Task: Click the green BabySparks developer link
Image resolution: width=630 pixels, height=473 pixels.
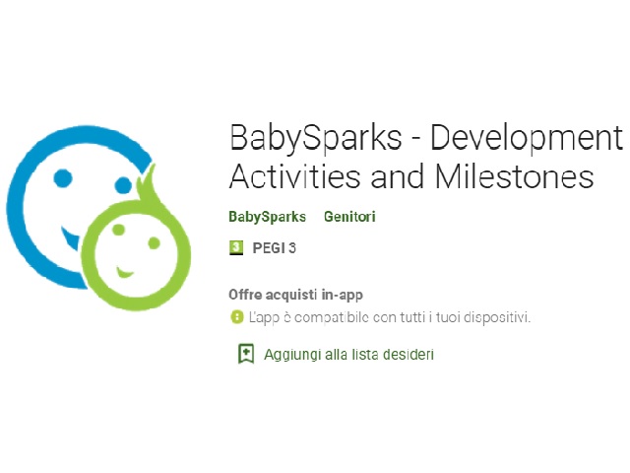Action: (267, 217)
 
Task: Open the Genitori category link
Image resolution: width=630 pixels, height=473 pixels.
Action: (349, 217)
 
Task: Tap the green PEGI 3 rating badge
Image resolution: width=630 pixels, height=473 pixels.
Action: (236, 247)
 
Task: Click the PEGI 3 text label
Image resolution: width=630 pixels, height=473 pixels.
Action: (274, 248)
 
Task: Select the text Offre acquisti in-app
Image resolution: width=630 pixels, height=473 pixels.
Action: (295, 295)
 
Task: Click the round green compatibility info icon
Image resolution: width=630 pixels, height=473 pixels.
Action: (236, 317)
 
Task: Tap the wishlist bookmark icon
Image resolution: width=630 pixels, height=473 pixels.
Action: (246, 354)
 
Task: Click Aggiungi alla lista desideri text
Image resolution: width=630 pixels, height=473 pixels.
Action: (348, 355)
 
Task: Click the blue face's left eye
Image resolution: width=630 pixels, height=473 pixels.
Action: (63, 177)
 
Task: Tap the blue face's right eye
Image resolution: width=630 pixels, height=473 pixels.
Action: (122, 185)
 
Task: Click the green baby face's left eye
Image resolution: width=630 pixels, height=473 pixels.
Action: (118, 230)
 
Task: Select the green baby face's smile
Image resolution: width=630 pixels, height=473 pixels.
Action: (124, 272)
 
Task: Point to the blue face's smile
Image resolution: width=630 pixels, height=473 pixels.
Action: (70, 237)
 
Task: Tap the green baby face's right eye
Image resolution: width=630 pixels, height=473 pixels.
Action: (154, 243)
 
